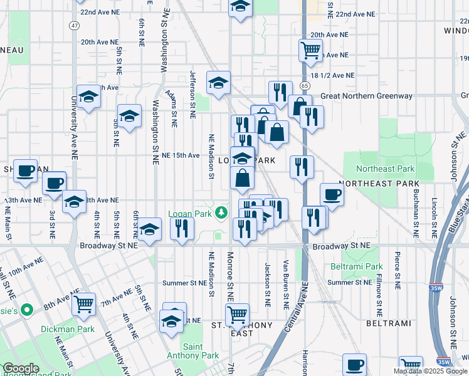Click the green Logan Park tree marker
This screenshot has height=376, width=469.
(x=221, y=214)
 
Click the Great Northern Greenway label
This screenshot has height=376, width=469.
(x=366, y=96)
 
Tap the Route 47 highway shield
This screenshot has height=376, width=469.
(x=75, y=25)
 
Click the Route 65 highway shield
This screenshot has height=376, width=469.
(x=304, y=85)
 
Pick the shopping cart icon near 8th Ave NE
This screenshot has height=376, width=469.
(x=83, y=304)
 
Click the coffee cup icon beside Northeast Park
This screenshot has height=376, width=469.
(x=332, y=194)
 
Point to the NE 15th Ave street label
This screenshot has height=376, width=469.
(x=181, y=155)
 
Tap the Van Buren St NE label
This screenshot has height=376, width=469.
(x=285, y=285)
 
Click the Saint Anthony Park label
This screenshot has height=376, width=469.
(x=201, y=351)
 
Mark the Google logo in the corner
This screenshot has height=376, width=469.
(x=21, y=368)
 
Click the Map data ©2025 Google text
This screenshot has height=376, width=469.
(x=429, y=371)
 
